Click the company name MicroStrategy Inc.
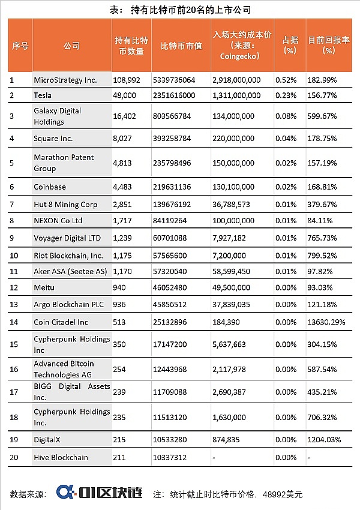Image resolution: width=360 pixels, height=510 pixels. [65, 80]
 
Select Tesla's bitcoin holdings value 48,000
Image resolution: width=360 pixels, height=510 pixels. [124, 95]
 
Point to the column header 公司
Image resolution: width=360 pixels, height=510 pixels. [71, 46]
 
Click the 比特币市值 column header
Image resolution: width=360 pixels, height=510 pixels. [181, 46]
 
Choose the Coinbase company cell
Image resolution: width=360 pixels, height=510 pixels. [50, 187]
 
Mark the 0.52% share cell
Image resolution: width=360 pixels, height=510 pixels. [285, 80]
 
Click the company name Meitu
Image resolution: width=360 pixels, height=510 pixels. [44, 288]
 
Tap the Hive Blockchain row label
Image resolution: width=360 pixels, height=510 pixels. [61, 457]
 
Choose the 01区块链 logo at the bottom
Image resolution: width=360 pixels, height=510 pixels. [99, 493]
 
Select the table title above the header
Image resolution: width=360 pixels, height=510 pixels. [180, 10]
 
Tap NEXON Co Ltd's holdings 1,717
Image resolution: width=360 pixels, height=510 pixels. [123, 221]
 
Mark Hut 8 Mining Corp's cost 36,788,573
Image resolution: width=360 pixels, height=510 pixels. [236, 204]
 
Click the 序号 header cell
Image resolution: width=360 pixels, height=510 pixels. [20, 46]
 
